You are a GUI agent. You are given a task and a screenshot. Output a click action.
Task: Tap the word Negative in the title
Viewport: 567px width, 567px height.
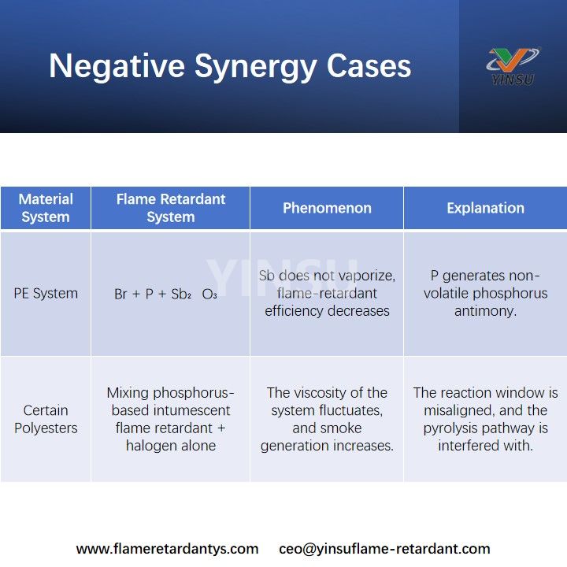click(x=115, y=66)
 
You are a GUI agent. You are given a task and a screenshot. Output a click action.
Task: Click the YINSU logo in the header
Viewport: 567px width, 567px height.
click(x=512, y=66)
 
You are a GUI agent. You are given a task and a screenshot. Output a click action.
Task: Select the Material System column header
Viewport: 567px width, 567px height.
click(x=46, y=208)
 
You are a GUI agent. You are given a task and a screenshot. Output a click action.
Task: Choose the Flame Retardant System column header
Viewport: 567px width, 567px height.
click(x=170, y=208)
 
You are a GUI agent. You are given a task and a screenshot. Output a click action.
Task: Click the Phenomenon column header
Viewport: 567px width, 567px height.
click(x=327, y=208)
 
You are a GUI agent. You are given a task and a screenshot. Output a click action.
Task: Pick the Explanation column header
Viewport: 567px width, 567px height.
click(x=485, y=208)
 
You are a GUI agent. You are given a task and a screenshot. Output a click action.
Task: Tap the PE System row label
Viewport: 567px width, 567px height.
click(x=46, y=294)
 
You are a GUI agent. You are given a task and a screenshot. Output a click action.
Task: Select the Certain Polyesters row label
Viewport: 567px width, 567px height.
click(x=46, y=419)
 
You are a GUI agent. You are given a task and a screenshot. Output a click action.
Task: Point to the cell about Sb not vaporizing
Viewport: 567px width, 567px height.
click(x=327, y=294)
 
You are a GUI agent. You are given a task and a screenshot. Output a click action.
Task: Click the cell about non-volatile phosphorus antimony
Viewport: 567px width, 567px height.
click(x=485, y=294)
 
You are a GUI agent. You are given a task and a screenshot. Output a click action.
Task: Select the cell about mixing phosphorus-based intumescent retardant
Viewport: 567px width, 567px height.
click(x=170, y=419)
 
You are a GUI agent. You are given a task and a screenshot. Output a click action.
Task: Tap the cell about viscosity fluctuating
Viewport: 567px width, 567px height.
click(x=327, y=419)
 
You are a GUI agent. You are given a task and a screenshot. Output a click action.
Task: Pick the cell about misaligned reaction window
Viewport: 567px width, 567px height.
click(x=485, y=419)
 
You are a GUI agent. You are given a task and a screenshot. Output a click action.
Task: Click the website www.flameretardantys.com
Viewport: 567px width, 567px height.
click(x=167, y=549)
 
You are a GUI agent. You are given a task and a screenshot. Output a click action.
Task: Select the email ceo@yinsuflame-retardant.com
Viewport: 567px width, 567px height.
click(x=384, y=549)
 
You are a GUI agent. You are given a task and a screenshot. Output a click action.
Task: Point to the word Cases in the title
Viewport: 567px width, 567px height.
click(x=369, y=66)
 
